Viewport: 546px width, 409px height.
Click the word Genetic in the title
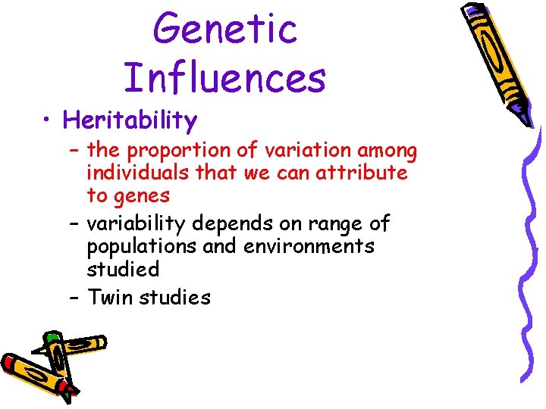(225, 28)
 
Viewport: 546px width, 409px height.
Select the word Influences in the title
(224, 76)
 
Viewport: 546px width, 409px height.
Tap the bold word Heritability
(130, 120)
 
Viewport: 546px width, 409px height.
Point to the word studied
(122, 269)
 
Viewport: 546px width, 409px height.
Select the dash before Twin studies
(74, 297)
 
